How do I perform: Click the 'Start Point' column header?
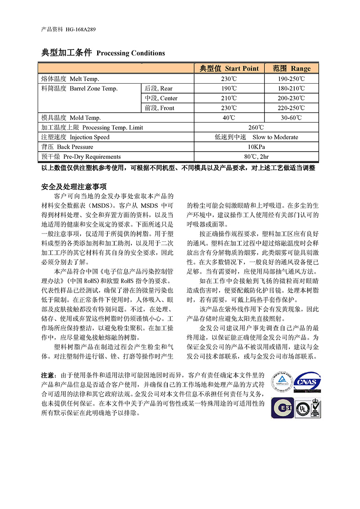pyautogui.click(x=229, y=68)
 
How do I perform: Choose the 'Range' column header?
pyautogui.click(x=292, y=68)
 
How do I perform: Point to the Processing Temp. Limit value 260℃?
pyautogui.click(x=256, y=127)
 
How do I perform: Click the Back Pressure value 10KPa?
pyautogui.click(x=256, y=147)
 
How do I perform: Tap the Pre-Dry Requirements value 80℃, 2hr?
pyautogui.click(x=256, y=157)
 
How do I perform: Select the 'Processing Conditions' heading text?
pyautogui.click(x=130, y=53)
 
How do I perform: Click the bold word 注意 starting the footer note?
pyautogui.click(x=48, y=375)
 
